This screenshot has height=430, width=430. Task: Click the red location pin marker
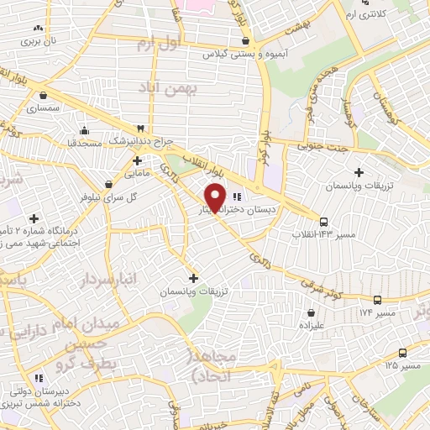(x=216, y=197)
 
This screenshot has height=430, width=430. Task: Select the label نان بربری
(x=38, y=39)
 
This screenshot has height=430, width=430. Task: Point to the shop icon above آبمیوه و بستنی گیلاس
(x=244, y=39)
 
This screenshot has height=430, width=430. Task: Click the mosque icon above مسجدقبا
(x=83, y=130)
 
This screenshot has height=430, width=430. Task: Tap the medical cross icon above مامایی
(x=136, y=160)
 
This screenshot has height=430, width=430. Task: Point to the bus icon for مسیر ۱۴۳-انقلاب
(x=323, y=222)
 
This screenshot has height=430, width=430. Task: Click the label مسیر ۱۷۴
(x=352, y=312)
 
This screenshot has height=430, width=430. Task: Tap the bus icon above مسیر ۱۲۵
(x=402, y=353)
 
